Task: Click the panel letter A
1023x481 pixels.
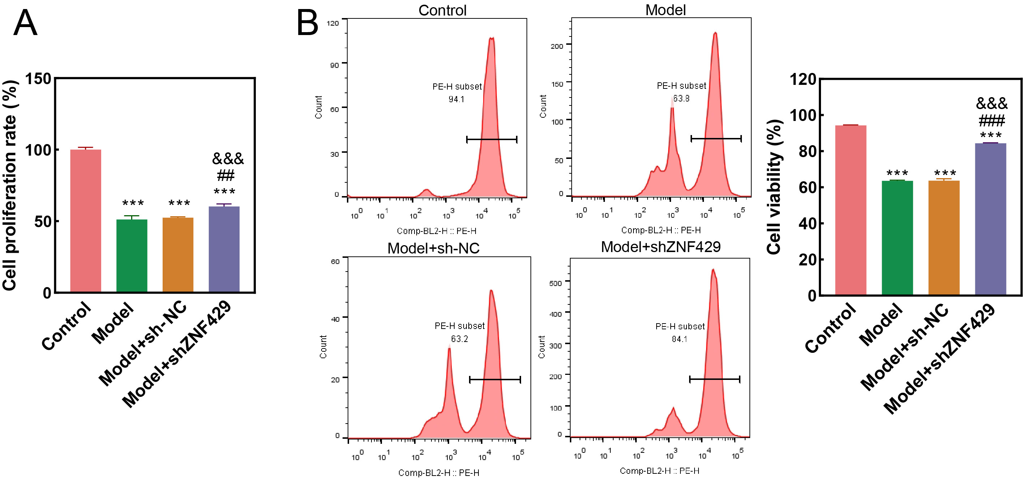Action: coord(25,23)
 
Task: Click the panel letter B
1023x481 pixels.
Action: coord(308,23)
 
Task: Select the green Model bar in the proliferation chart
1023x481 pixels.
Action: coord(132,256)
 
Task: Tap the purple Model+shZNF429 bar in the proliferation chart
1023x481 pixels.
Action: coord(224,249)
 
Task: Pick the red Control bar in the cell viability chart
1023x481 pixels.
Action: coord(851,210)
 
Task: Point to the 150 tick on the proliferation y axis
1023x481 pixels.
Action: coord(39,79)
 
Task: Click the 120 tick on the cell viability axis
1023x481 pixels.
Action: coord(803,79)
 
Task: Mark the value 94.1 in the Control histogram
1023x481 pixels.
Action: coord(456,99)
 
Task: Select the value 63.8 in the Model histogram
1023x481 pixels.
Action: coord(681,99)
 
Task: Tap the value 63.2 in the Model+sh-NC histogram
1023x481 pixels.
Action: coord(460,339)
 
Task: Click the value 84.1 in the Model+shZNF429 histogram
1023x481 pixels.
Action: coord(679,339)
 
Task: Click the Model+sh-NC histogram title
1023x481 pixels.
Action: coord(433,248)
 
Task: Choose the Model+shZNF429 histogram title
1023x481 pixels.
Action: coord(661,247)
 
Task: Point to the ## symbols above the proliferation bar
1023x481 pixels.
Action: coord(225,175)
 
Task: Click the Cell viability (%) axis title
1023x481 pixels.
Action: coord(774,187)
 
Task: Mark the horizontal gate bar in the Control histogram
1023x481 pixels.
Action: coord(492,139)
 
